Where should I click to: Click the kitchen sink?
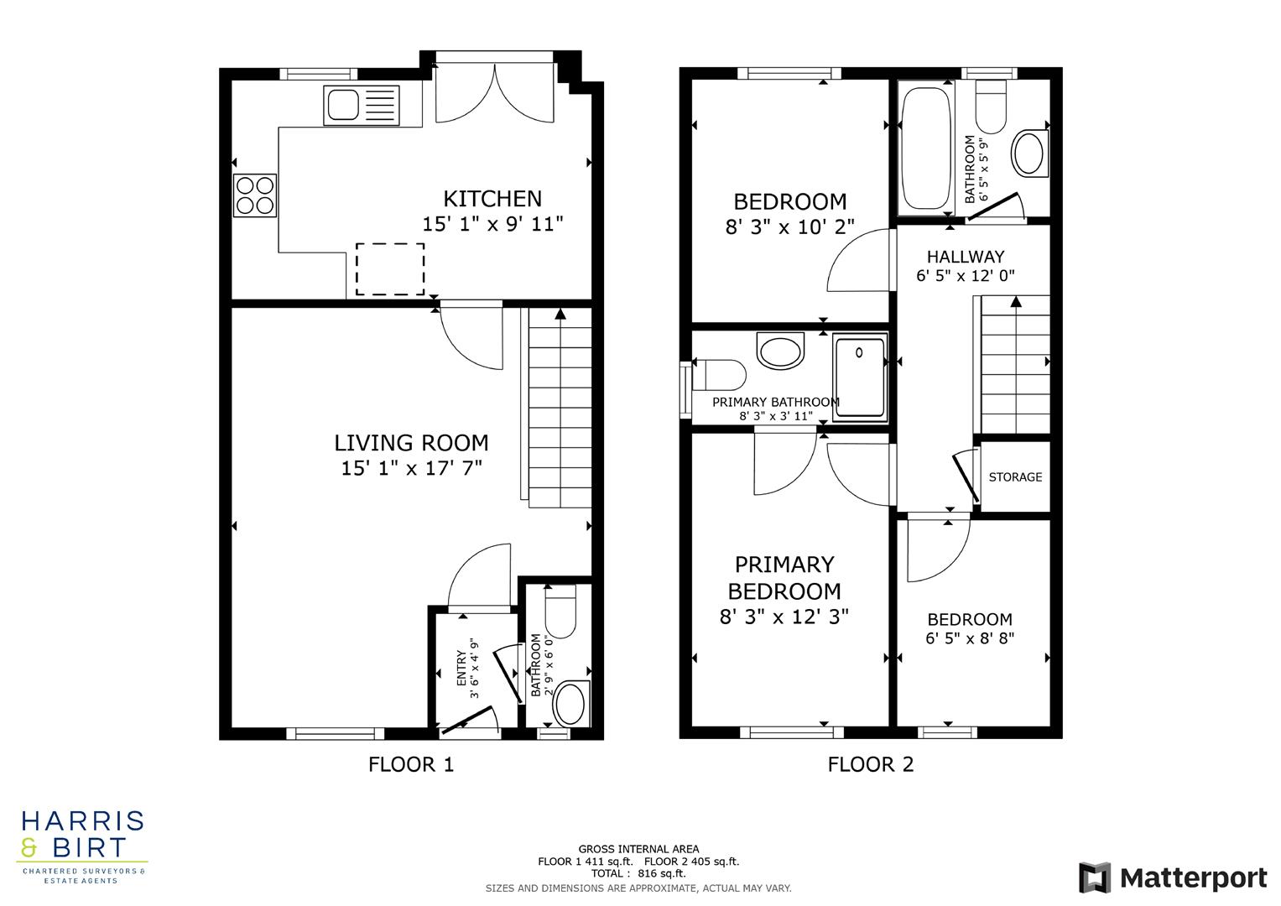pos(361,106)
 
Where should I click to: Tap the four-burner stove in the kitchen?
pos(255,195)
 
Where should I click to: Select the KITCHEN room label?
pos(492,199)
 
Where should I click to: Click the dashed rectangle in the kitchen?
pos(390,269)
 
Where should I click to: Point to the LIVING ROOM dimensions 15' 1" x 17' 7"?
pos(411,468)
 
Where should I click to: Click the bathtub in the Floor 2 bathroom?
pos(924,148)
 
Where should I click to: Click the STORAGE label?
pos(1015,476)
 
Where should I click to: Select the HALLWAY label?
pos(966,257)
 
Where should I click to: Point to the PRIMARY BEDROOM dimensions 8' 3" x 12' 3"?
pos(784,617)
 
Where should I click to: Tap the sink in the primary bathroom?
pos(780,351)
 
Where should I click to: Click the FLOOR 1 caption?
pos(411,764)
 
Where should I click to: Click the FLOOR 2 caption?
pos(871,764)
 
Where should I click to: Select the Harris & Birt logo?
pos(82,846)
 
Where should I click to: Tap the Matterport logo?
pos(1173,877)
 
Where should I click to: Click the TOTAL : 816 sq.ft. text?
pos(638,873)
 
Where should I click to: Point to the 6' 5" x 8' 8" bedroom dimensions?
pos(970,638)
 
